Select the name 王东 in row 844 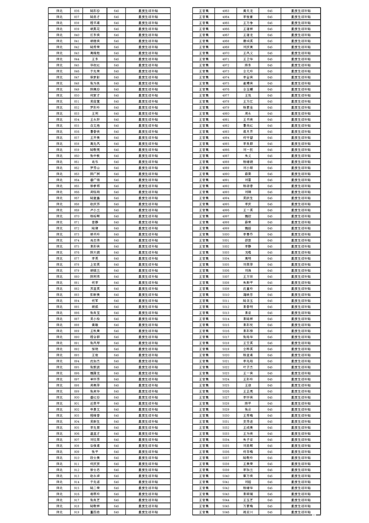(x=95, y=59)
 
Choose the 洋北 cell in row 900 (x=59, y=397)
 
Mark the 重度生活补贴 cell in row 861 (x=148, y=162)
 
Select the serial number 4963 (x=226, y=10)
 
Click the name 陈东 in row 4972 (x=248, y=65)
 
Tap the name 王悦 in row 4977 (x=248, y=95)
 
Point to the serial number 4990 (x=226, y=174)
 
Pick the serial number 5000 (x=226, y=234)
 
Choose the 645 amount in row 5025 (x=270, y=385)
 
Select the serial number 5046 (x=226, y=512)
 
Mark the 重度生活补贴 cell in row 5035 (x=301, y=446)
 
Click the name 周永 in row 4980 (x=248, y=113)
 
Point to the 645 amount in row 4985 (x=270, y=144)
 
